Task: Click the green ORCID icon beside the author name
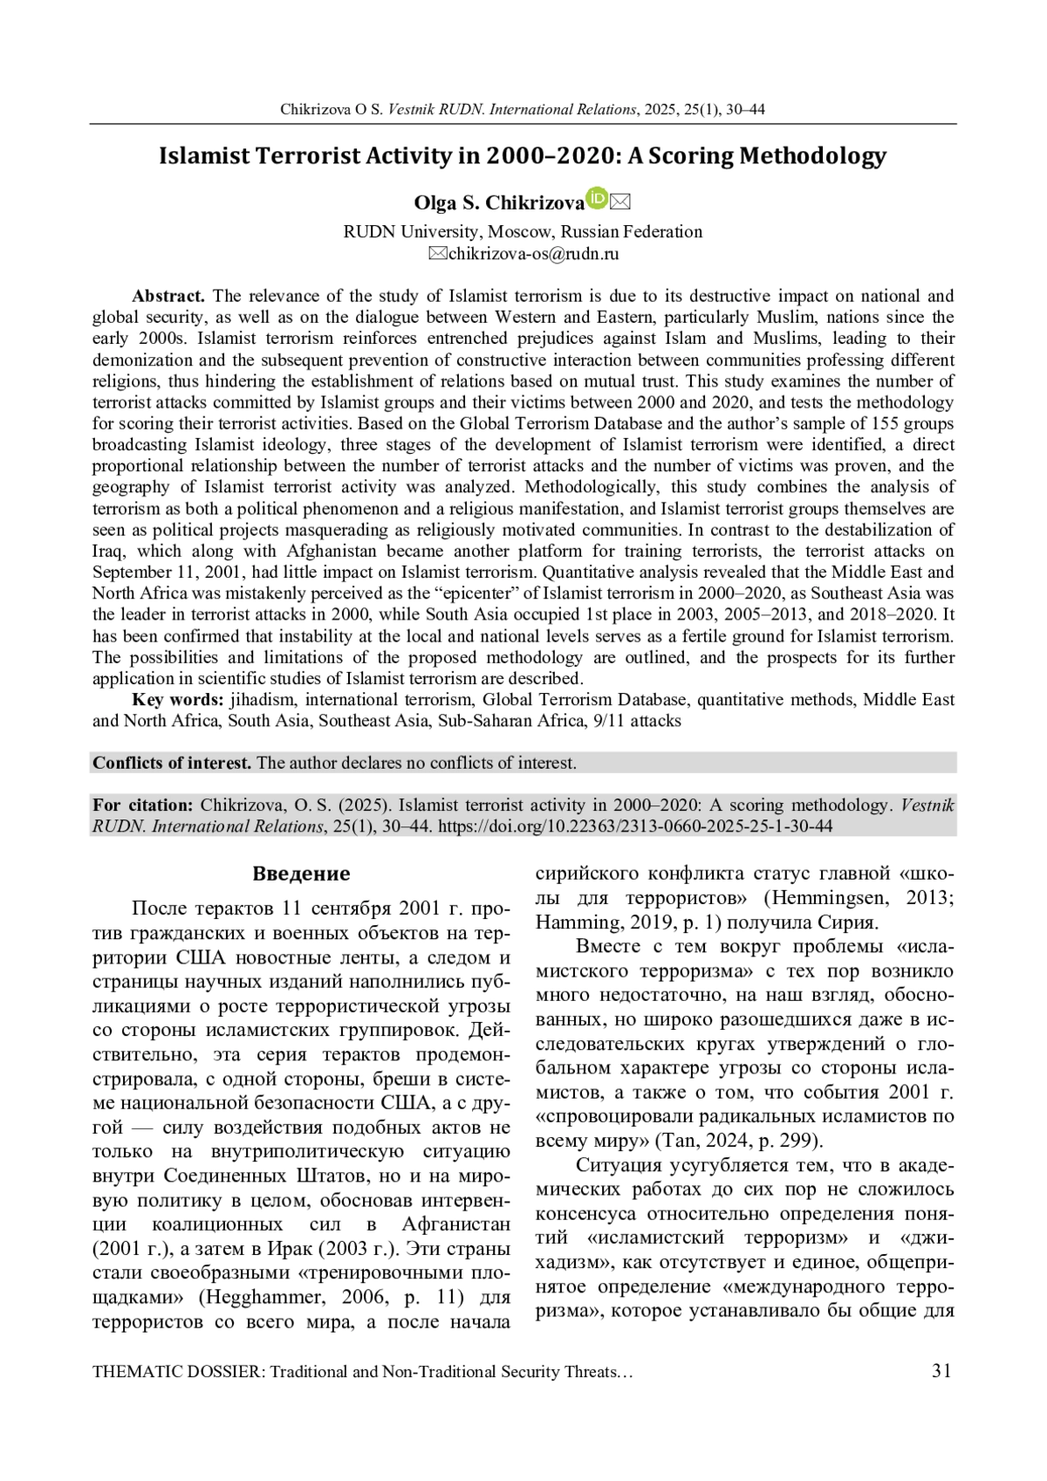click(597, 199)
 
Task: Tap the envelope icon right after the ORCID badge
click(619, 202)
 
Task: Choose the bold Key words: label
click(178, 700)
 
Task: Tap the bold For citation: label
click(142, 805)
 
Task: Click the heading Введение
click(301, 874)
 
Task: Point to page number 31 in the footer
click(941, 1371)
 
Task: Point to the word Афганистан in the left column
click(455, 1223)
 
